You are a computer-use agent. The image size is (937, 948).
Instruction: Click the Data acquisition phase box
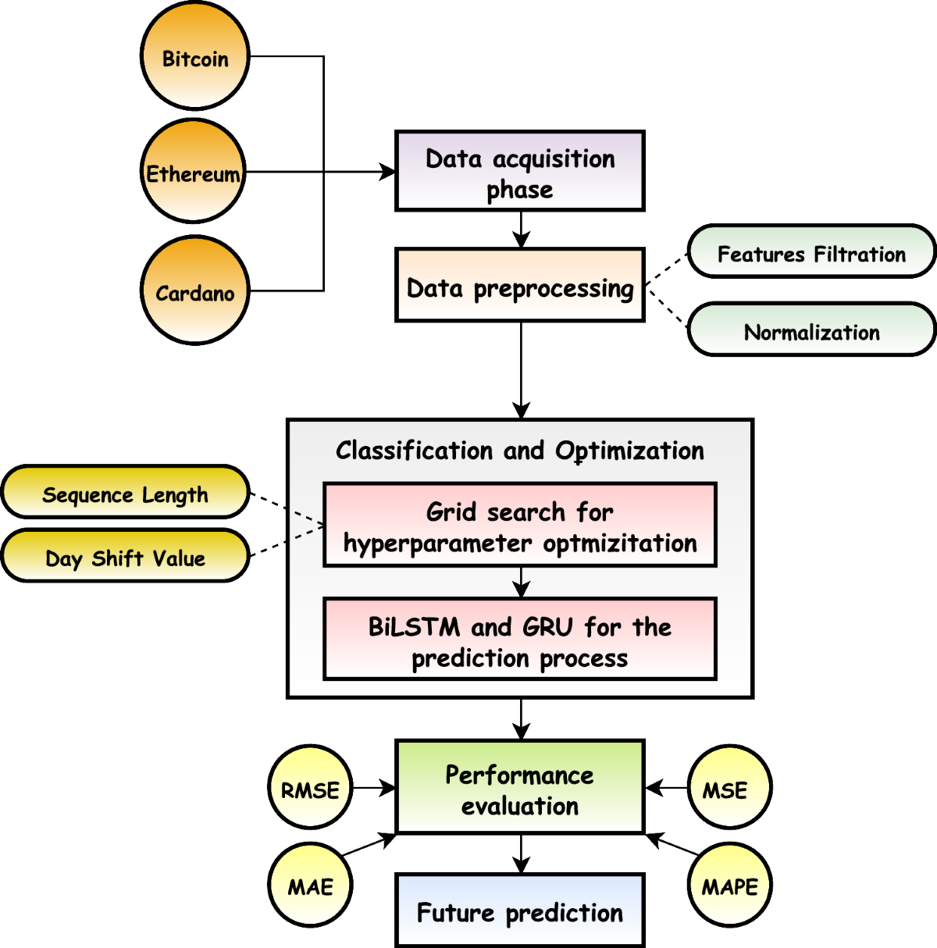[x=520, y=172]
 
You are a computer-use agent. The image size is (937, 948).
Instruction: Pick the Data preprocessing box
[x=520, y=286]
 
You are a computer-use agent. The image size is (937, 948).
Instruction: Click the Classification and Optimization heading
[x=520, y=451]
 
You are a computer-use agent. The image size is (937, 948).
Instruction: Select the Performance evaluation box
[x=520, y=788]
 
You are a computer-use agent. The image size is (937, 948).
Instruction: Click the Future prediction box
[x=520, y=911]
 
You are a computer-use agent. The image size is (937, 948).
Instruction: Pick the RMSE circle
[x=311, y=789]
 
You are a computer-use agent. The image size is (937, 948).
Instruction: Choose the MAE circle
[x=310, y=886]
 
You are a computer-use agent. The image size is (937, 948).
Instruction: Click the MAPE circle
[x=729, y=886]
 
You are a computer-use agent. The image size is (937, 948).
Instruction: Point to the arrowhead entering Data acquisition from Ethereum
[x=387, y=172]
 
